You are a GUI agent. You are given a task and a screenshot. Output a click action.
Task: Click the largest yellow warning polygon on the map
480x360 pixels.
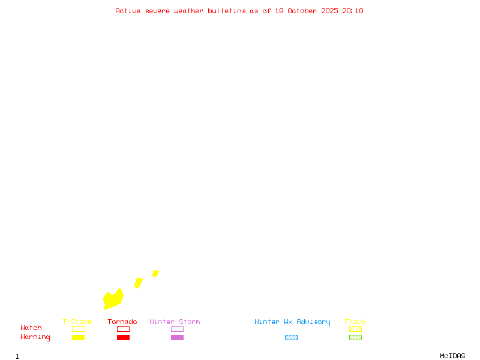tap(113, 299)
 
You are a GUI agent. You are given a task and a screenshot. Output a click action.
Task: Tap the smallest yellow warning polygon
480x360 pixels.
tap(155, 274)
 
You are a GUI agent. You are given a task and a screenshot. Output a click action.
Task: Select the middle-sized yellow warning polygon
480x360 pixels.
tap(139, 283)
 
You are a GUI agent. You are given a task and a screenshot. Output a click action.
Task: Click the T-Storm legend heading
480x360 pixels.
tap(77, 322)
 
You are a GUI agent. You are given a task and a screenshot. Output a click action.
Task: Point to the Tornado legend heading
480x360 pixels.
tap(122, 322)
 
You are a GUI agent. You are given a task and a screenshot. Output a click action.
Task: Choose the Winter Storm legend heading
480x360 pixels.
tap(175, 322)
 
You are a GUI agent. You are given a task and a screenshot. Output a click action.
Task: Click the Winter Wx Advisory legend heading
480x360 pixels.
tap(292, 322)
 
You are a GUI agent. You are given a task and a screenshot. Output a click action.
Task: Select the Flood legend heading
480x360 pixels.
tap(355, 322)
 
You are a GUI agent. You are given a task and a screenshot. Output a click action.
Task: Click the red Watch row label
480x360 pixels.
tap(31, 328)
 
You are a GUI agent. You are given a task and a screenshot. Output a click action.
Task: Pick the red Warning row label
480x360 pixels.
tap(35, 337)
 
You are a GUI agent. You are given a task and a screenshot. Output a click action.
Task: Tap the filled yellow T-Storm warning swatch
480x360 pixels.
tap(78, 338)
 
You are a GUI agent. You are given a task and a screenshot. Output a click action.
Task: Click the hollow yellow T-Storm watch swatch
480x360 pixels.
tap(78, 329)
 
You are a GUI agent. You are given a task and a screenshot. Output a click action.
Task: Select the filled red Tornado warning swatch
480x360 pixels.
tap(123, 338)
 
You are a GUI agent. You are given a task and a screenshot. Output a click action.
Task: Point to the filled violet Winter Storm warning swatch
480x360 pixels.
tap(177, 338)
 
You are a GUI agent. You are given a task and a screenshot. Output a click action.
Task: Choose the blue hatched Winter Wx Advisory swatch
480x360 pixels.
tap(291, 338)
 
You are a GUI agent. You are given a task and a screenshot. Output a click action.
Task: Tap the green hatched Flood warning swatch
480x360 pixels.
tap(355, 338)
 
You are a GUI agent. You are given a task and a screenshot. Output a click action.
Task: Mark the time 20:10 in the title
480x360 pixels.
tap(353, 11)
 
